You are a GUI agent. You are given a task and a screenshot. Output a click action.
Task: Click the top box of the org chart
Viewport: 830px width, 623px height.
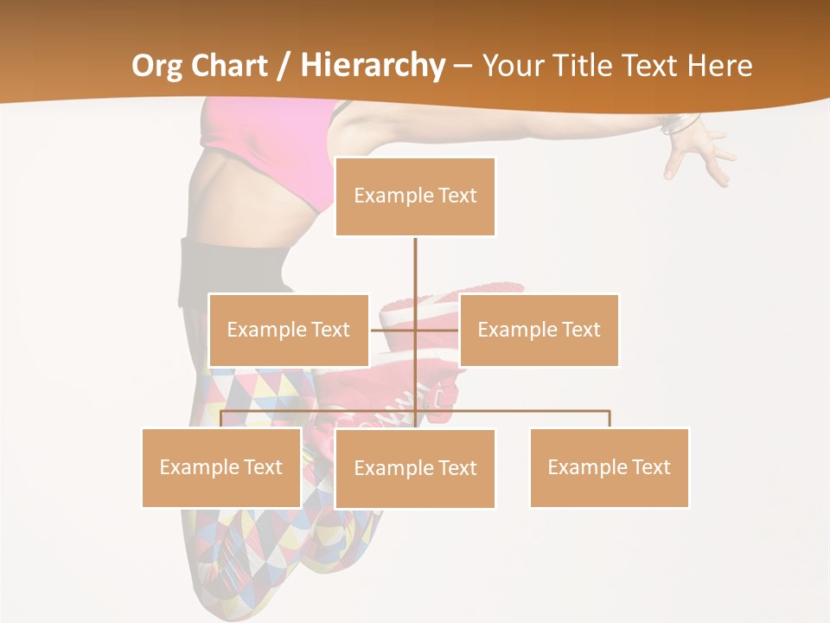coord(415,196)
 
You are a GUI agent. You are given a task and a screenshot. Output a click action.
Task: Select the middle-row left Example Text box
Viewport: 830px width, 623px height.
coord(289,330)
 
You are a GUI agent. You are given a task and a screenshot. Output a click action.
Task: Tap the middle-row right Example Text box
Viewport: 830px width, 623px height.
coord(539,330)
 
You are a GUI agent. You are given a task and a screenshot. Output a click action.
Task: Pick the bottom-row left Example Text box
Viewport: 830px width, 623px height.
coord(221,467)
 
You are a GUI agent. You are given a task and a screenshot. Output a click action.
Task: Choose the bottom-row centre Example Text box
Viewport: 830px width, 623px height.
coord(415,468)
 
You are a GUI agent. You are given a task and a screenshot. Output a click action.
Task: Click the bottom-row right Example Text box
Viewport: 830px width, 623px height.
coord(609,467)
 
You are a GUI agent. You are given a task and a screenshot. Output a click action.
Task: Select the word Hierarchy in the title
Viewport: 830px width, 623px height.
coord(372,66)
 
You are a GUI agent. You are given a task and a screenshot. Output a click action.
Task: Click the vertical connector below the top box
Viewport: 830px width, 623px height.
coord(415,268)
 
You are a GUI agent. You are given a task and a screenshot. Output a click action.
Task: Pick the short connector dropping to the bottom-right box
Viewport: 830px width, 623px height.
coord(610,419)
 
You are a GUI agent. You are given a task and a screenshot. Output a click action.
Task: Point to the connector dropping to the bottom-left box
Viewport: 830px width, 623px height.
coord(221,419)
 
